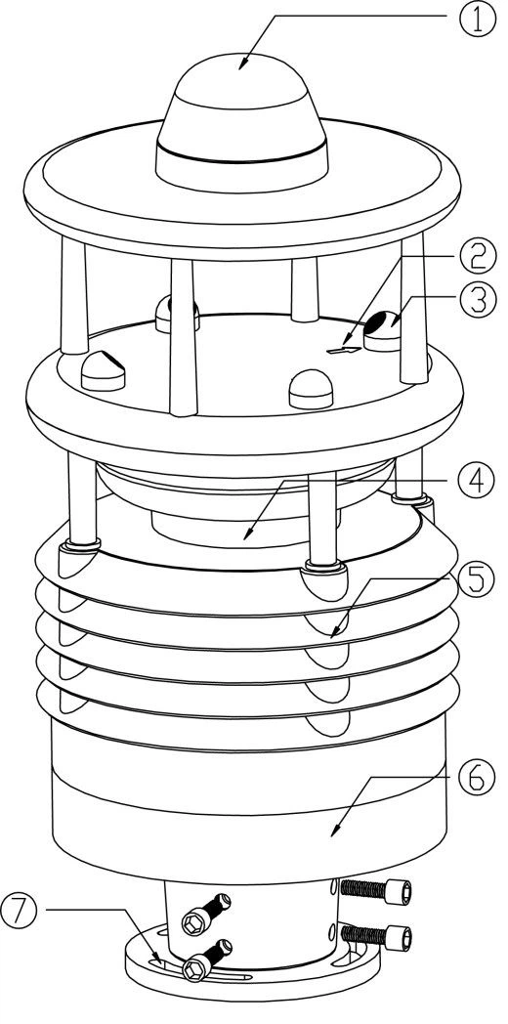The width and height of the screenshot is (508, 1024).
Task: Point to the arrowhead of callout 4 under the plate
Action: coord(247,533)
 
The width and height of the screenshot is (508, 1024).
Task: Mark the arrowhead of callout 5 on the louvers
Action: coord(335,631)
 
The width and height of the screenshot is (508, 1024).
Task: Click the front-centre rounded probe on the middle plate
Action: coord(311,390)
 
